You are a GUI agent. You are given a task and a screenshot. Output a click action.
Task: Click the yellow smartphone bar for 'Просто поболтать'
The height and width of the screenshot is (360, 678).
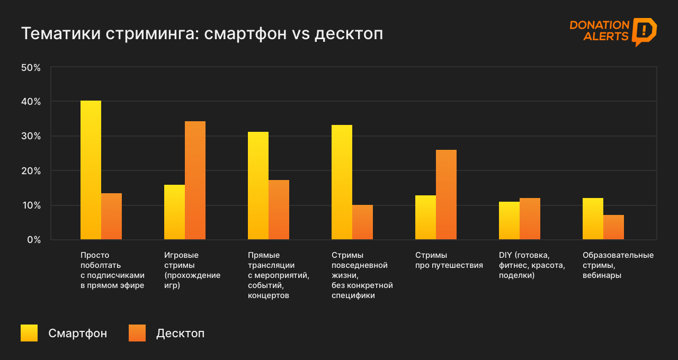(91, 170)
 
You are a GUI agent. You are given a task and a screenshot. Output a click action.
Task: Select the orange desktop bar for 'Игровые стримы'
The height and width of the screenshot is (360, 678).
(195, 181)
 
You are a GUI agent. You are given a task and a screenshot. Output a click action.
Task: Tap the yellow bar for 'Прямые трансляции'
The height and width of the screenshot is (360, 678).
(258, 186)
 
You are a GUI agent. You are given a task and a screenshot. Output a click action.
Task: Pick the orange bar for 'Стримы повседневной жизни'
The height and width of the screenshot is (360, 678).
(362, 222)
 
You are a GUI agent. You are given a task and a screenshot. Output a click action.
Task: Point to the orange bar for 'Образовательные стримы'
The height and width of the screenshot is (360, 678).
(613, 227)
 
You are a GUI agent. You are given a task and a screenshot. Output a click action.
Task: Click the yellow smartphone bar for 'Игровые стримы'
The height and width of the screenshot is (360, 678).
(174, 212)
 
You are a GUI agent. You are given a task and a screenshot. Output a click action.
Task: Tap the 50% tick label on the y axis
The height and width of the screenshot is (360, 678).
(31, 68)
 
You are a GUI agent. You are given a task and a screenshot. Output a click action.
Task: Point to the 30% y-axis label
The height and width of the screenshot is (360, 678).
(31, 136)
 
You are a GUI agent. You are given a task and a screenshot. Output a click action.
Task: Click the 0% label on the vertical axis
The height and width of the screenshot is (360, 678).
(33, 240)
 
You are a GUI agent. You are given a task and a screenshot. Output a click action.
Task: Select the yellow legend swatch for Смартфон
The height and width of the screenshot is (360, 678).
(29, 333)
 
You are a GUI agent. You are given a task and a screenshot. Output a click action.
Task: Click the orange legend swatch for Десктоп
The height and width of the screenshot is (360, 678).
(137, 333)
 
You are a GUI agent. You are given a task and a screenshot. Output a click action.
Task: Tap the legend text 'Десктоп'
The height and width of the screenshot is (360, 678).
(180, 334)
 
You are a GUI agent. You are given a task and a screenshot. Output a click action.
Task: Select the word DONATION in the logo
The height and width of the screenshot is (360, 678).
(599, 25)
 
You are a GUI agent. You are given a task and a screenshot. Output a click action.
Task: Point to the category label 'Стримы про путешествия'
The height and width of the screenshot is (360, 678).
(449, 260)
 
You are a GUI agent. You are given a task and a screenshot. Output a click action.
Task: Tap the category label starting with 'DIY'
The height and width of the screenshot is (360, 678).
(532, 265)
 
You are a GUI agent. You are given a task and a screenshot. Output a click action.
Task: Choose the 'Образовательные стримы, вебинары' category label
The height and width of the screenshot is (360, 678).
(618, 265)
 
